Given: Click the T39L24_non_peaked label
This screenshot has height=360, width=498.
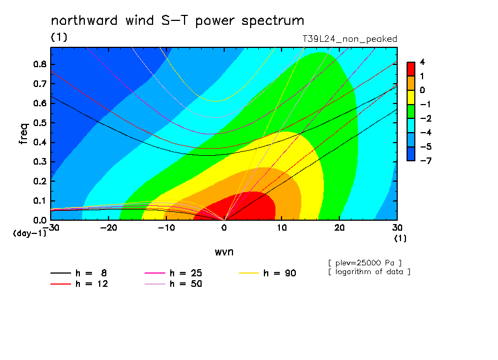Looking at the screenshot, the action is (350, 39).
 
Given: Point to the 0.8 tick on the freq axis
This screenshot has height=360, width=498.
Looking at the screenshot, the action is (40, 64).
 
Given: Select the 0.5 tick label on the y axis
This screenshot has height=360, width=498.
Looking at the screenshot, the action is (40, 123).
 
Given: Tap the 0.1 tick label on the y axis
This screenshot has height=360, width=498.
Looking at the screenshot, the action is (40, 201).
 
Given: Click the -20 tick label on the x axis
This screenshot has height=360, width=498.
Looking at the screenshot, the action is (109, 228).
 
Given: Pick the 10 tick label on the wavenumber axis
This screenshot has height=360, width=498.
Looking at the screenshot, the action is (282, 228).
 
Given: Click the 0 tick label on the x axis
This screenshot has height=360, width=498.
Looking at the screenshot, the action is (224, 228).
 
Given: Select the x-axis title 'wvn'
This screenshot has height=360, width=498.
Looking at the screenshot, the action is (224, 252).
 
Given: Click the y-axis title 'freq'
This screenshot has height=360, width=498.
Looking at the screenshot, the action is (24, 133).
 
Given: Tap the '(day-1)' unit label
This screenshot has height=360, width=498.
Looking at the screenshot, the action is (29, 233).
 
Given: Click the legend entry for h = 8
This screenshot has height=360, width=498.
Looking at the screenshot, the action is (78, 273).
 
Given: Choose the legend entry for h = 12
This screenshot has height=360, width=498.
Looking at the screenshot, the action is (79, 284).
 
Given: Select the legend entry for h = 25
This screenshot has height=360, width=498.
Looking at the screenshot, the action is (173, 273).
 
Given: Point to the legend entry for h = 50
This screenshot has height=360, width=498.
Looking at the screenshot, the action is (173, 284).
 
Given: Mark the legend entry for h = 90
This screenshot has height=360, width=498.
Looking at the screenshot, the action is (267, 273).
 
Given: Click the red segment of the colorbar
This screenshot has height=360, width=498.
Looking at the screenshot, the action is (411, 69).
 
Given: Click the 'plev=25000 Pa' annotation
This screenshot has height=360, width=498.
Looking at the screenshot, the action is (365, 263).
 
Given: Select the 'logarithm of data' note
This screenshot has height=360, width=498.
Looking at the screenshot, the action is (370, 272).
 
